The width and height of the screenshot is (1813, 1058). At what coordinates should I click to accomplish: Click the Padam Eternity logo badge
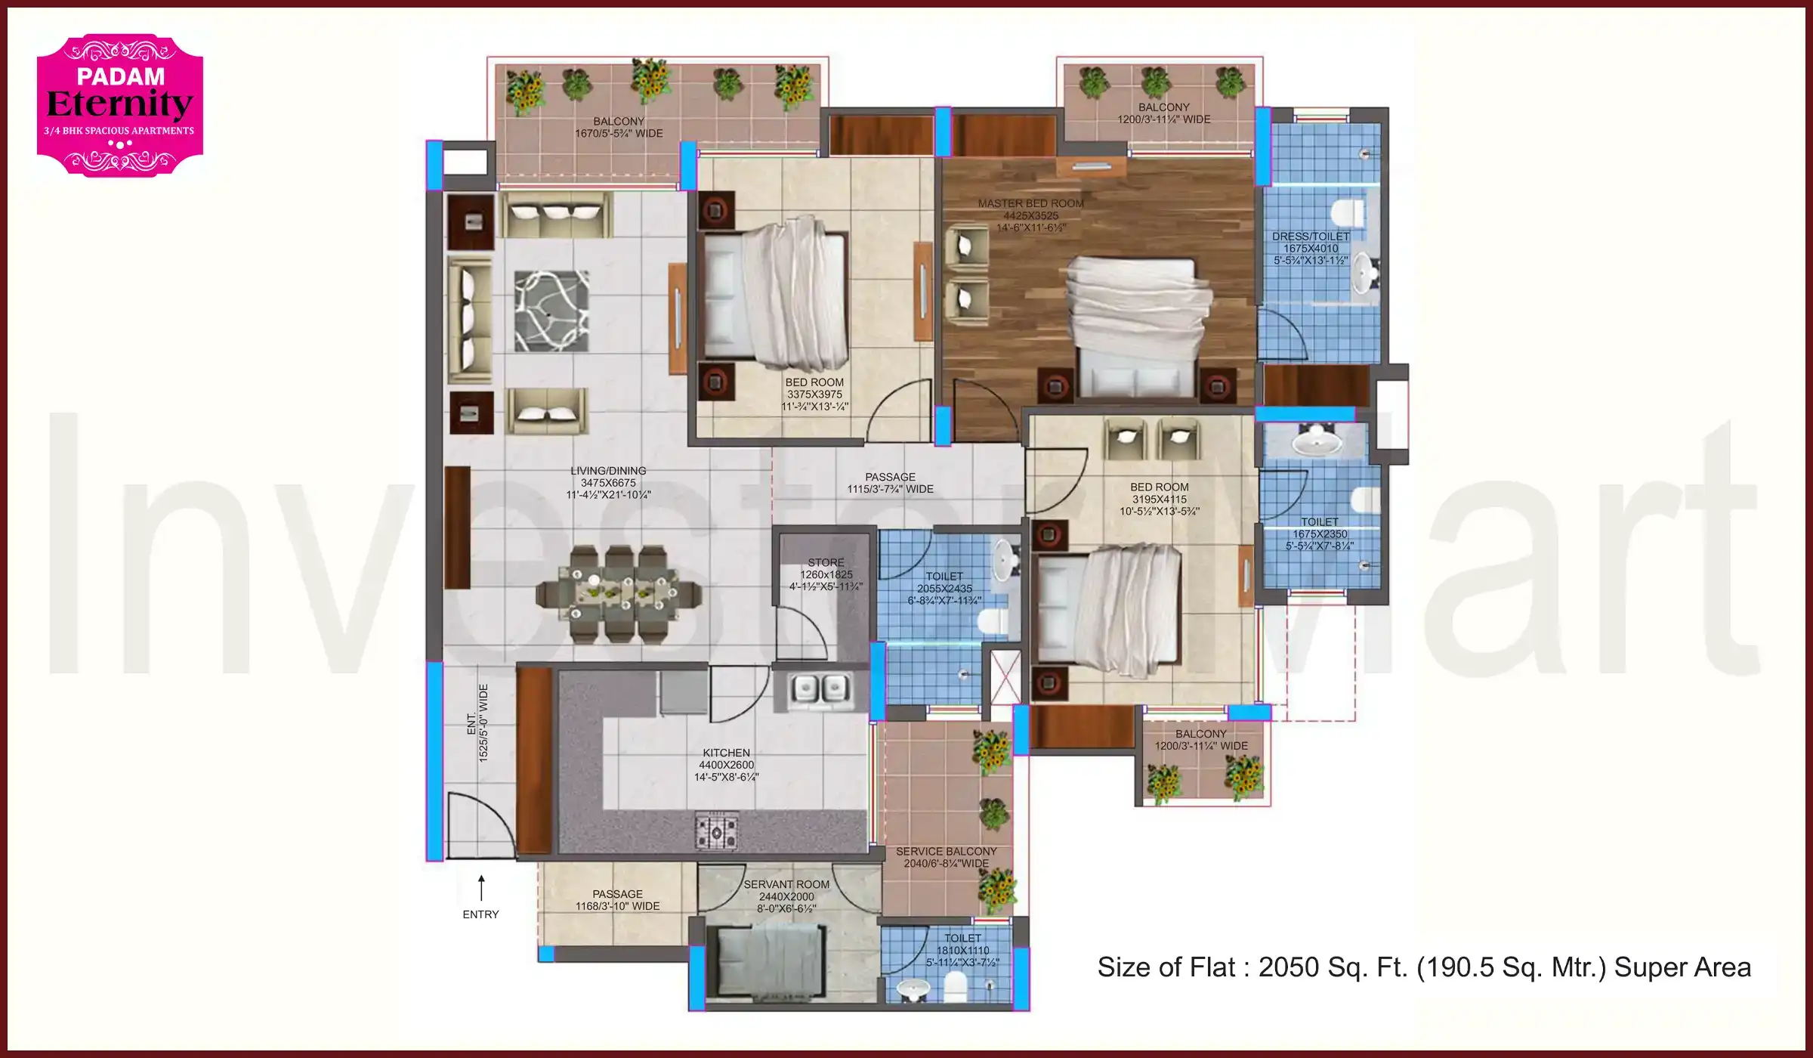pos(119,105)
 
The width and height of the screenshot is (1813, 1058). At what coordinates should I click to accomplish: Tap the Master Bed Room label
pos(1030,203)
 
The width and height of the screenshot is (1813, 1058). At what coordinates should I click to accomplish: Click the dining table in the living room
pos(618,593)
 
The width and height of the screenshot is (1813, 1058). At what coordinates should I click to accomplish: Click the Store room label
pos(826,563)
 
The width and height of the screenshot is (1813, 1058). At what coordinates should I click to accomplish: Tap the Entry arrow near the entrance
pos(480,889)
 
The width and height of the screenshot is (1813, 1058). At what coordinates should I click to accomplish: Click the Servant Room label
pos(786,884)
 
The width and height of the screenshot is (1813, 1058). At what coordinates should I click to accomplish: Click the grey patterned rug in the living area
pos(551,311)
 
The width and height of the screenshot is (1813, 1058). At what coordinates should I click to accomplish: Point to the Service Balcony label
pos(946,852)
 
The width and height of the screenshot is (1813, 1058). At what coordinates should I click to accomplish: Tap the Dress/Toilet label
pos(1311,237)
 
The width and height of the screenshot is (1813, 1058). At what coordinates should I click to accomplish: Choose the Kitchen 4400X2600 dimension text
pos(726,765)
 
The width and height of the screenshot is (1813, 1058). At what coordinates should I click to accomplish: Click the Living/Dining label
pos(608,471)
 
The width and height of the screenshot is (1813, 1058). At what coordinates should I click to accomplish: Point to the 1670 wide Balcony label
pos(619,127)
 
